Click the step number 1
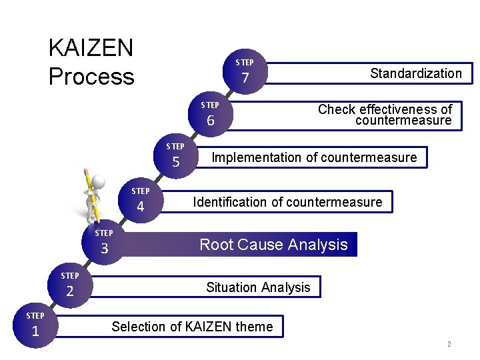(35, 331)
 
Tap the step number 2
(69, 291)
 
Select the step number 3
(104, 249)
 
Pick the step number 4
(140, 207)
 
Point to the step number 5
(176, 162)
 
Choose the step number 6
(210, 121)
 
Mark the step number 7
(245, 78)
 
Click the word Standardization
(416, 73)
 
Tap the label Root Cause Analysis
(273, 245)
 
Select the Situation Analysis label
(258, 287)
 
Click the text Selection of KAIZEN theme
(192, 327)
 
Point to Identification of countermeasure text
(287, 202)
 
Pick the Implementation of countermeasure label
(313, 157)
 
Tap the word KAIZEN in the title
(91, 48)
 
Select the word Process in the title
(91, 77)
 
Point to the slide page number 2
(449, 345)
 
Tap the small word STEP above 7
(245, 63)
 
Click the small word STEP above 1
(35, 315)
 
